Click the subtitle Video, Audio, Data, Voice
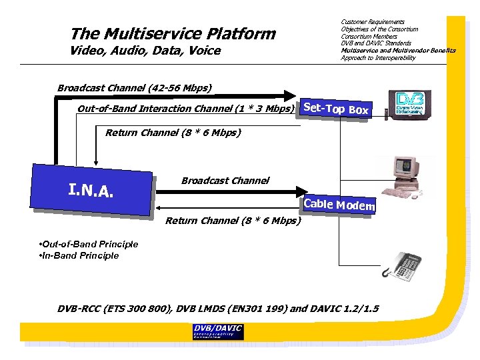coord(145,51)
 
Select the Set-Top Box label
coord(335,108)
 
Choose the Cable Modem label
coord(339,205)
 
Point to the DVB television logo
coord(409,105)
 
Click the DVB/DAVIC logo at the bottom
coord(217,331)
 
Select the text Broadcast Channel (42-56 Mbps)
coord(135,88)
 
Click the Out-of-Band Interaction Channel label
coord(186,109)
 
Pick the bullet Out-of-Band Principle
coord(89,244)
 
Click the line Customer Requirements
coord(372,22)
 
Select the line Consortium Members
coord(369,37)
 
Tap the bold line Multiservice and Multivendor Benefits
coord(398,51)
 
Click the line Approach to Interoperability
coord(377,58)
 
